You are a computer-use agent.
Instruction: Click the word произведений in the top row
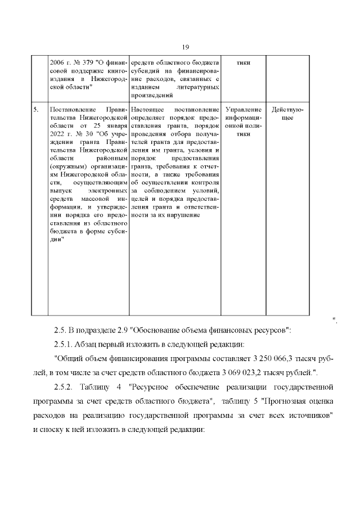(x=151, y=97)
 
